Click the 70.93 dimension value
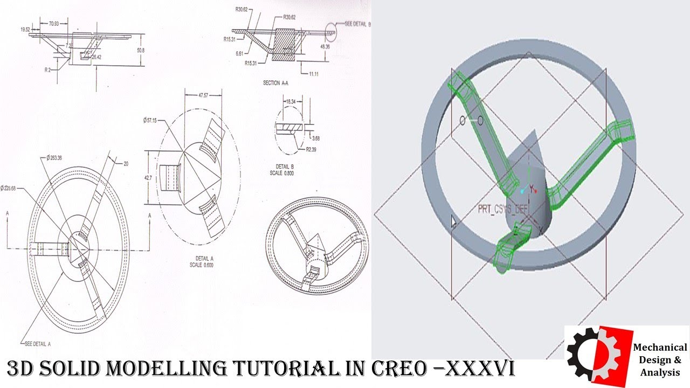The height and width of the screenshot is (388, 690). pyautogui.click(x=54, y=24)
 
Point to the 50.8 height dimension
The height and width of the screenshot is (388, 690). pyautogui.click(x=141, y=50)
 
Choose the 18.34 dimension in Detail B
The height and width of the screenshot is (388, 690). pyautogui.click(x=291, y=101)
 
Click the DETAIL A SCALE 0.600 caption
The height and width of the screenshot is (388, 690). pyautogui.click(x=202, y=261)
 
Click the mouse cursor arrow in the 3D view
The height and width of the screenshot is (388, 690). pyautogui.click(x=454, y=222)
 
